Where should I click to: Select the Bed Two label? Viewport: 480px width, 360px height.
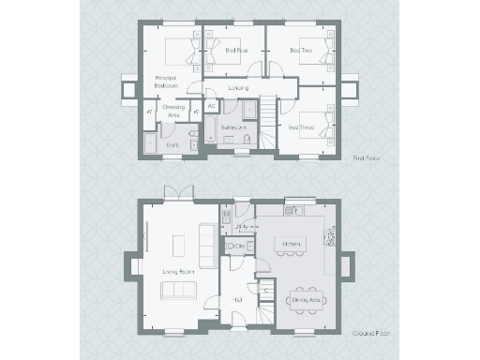point(300,50)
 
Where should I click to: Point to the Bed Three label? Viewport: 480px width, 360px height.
point(300,127)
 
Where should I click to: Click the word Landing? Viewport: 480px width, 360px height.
point(238,87)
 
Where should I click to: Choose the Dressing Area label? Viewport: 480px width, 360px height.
point(173,111)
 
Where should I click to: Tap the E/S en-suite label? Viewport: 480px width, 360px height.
point(172,145)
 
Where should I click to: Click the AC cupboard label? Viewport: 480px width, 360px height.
point(211,106)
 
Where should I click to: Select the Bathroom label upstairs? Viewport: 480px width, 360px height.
point(232,125)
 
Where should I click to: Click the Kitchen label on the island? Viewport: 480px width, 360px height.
point(289,245)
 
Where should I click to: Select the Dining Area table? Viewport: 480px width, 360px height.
point(301,299)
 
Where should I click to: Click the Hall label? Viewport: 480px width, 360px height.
point(238,300)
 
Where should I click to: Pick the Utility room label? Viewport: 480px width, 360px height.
point(241,227)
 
